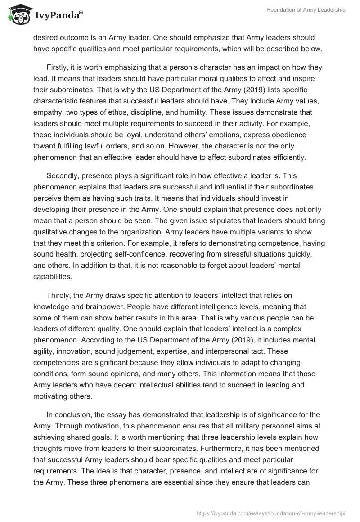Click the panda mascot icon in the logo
[17, 15]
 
